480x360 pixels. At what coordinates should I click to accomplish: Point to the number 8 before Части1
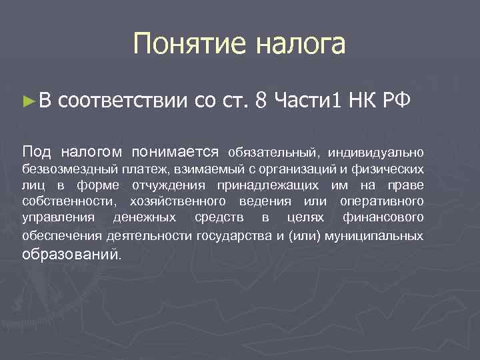tap(261, 101)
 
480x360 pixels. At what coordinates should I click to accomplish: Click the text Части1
tap(307, 101)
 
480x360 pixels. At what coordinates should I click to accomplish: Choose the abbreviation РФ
tap(399, 101)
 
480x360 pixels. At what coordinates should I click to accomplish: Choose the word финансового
tap(383, 218)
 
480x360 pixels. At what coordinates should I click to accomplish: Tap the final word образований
tap(71, 254)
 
